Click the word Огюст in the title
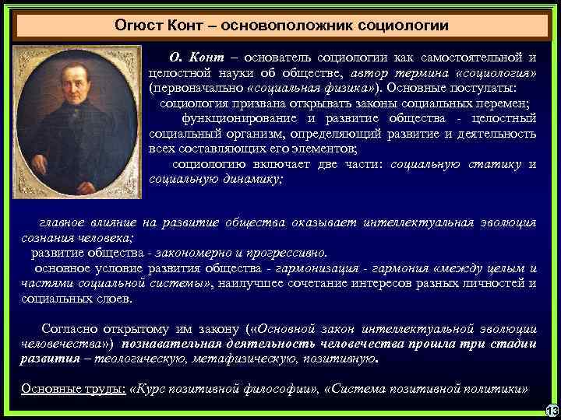point(137,25)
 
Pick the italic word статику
point(494,163)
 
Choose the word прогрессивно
point(290,253)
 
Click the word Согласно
point(69,328)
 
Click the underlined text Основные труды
point(72,389)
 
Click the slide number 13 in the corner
point(552,411)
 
